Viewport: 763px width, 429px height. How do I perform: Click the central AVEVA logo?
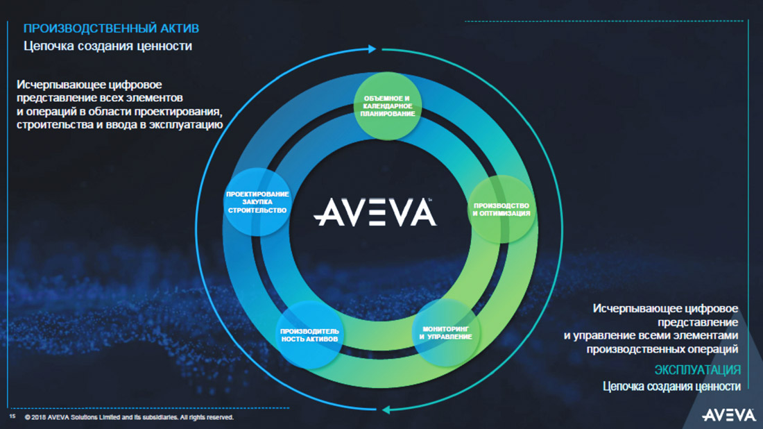pos(375,212)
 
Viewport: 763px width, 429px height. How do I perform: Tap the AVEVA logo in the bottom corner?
pos(728,415)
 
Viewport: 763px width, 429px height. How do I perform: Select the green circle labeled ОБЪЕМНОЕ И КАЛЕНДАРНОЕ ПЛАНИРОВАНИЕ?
pos(387,106)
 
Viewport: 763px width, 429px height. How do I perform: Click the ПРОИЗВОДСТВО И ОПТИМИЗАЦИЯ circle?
pos(501,210)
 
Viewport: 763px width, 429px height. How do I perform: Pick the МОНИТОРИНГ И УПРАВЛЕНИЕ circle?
pos(446,333)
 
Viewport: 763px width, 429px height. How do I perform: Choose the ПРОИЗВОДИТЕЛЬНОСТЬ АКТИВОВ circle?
pos(309,335)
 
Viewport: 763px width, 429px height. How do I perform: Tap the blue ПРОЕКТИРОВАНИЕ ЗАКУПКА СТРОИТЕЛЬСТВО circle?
pos(257,202)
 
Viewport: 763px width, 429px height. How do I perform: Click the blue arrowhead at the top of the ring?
pos(372,49)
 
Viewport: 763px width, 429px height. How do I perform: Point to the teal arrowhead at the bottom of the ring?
pos(386,410)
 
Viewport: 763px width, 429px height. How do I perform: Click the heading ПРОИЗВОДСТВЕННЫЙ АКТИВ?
pos(112,28)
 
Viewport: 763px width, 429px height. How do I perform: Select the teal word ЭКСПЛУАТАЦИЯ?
pos(697,370)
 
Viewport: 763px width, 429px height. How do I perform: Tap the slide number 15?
pos(12,417)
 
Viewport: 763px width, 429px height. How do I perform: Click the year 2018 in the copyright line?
pos(38,417)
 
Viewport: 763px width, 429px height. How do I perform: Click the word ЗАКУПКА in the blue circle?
pos(257,202)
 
